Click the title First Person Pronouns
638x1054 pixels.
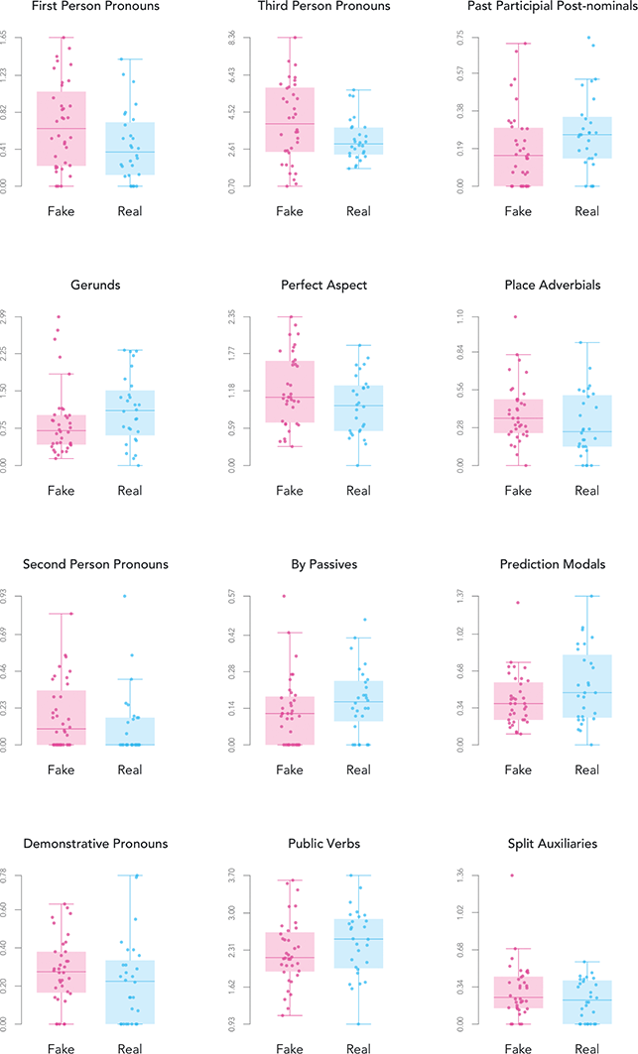(x=84, y=8)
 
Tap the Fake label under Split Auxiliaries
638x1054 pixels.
(x=518, y=1047)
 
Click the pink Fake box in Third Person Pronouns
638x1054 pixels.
(x=290, y=119)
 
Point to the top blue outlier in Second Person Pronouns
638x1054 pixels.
(x=125, y=596)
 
